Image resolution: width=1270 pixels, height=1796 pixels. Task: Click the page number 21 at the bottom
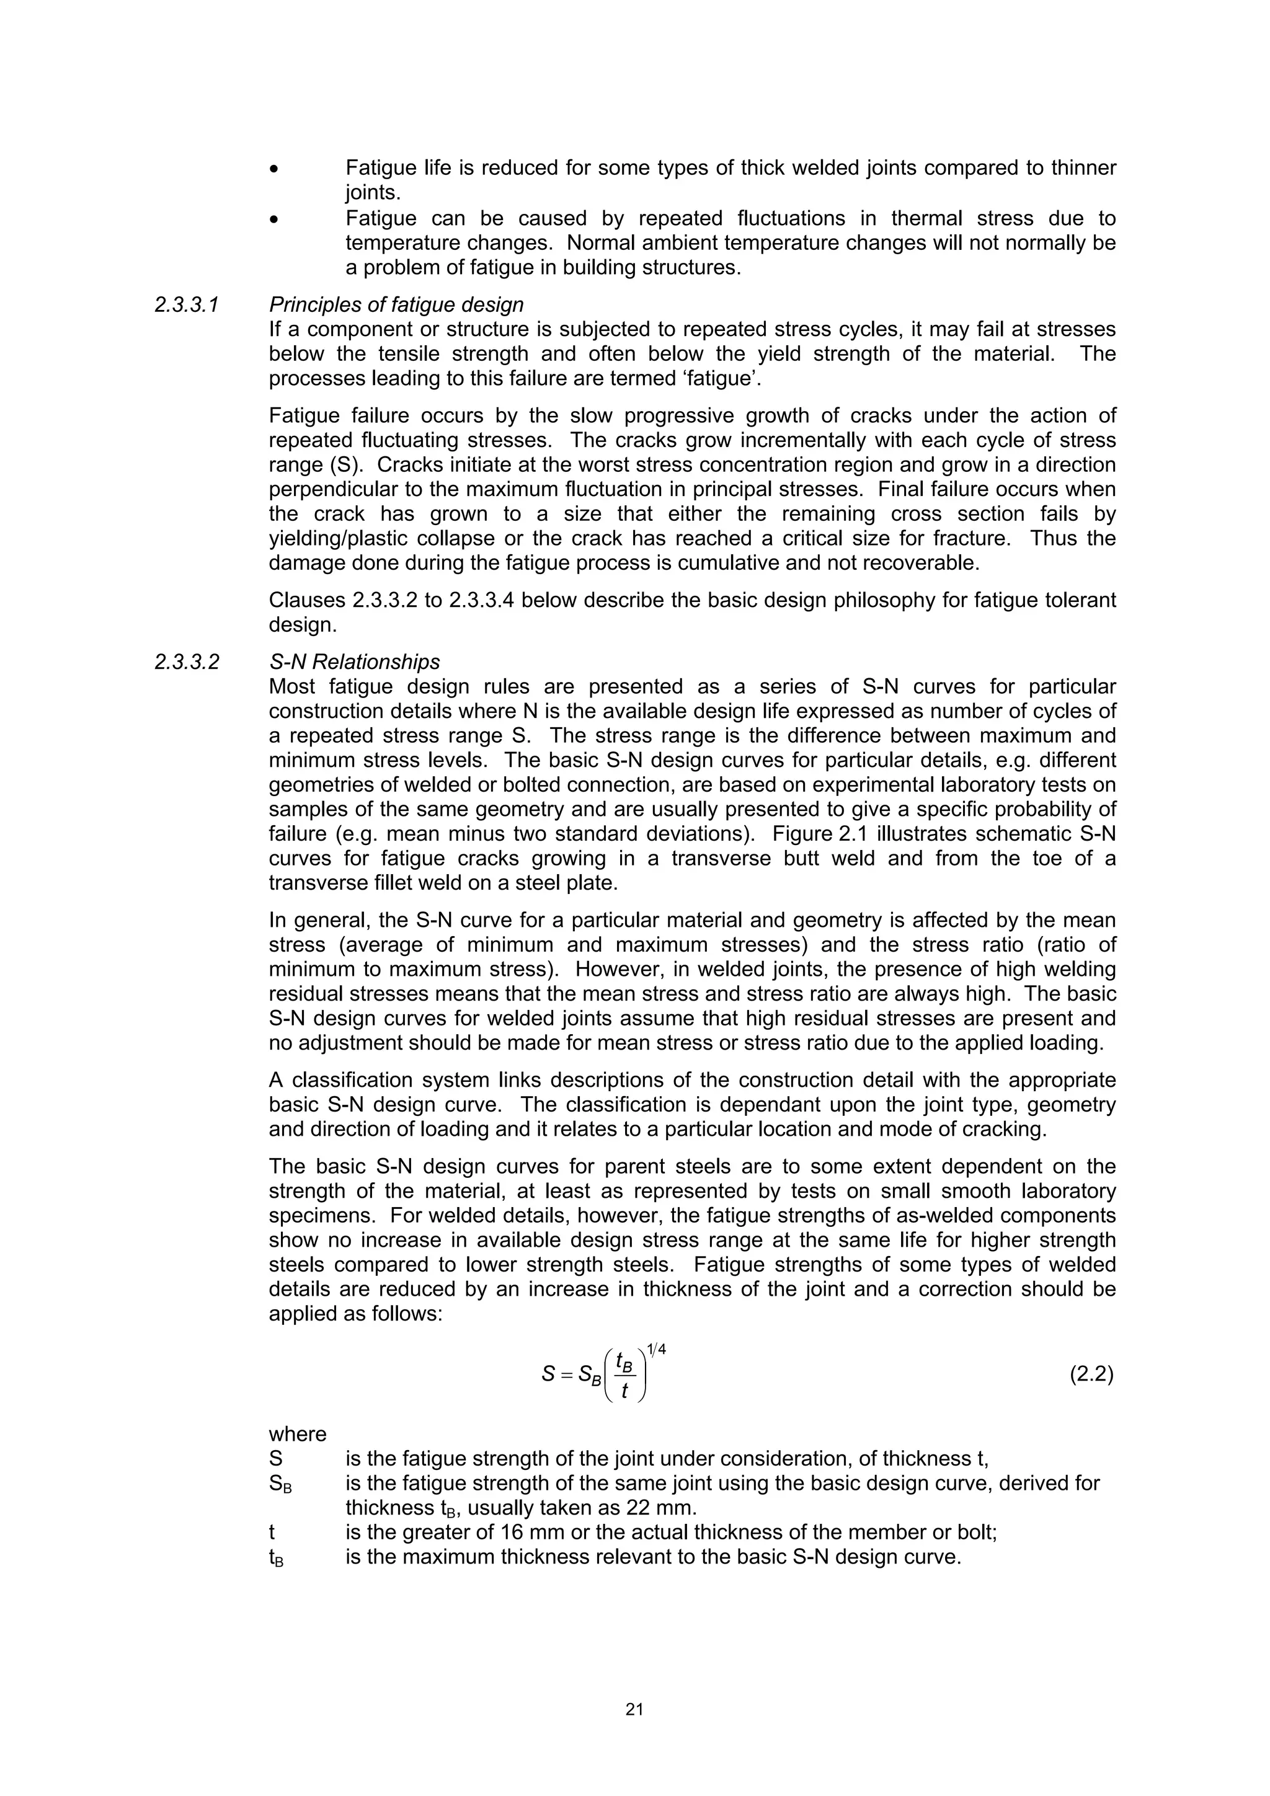click(x=634, y=1709)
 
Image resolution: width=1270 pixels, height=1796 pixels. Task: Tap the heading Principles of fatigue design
click(x=396, y=304)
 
